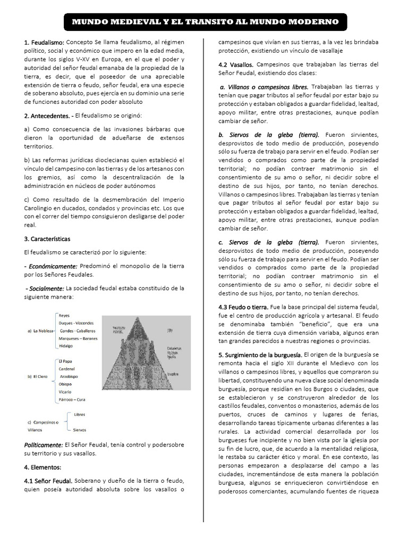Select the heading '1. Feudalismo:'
45,43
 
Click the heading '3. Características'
47,238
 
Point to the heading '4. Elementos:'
42,467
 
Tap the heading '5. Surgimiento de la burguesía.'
260,354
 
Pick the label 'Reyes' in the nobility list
64,316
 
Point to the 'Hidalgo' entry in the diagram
66,345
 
